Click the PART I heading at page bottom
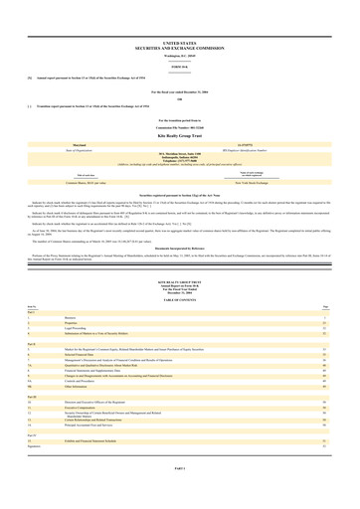(x=180, y=497)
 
